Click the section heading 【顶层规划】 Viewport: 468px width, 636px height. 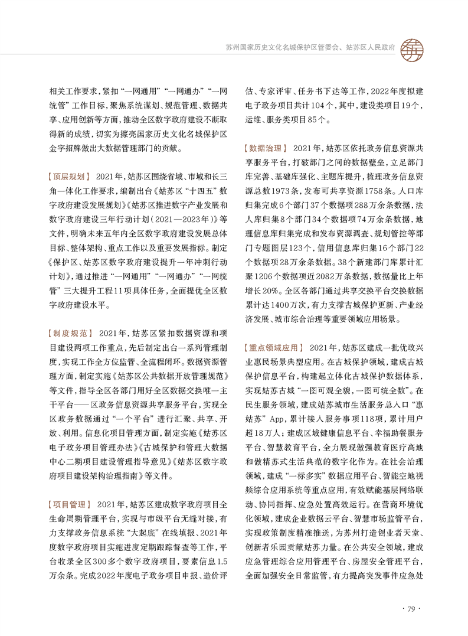[x=68, y=177]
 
